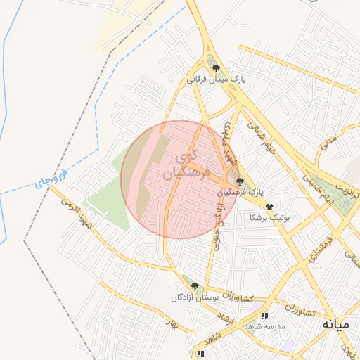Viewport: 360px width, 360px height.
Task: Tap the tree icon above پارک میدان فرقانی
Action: [x=216, y=69]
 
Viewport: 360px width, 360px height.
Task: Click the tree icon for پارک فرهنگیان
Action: [x=240, y=181]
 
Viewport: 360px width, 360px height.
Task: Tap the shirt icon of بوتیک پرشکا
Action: [x=269, y=207]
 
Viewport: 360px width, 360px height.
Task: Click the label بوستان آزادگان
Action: [x=195, y=298]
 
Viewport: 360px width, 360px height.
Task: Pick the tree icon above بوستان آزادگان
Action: [x=195, y=287]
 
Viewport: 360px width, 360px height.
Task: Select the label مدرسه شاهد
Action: [x=264, y=327]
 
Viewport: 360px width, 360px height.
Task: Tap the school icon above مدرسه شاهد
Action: [x=264, y=316]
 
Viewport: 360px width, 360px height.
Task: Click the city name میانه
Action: [x=335, y=325]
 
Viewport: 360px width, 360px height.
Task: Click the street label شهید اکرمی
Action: [x=75, y=213]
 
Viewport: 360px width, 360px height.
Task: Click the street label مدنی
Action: [x=329, y=143]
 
